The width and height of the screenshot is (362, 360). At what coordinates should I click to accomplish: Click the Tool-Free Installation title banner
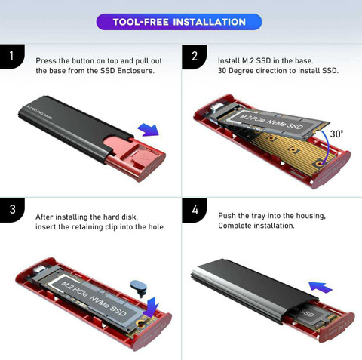click(179, 22)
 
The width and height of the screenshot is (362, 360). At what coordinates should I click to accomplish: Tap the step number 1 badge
click(11, 57)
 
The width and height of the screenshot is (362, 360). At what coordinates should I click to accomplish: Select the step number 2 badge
click(194, 57)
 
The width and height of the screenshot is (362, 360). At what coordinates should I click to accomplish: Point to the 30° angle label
click(336, 134)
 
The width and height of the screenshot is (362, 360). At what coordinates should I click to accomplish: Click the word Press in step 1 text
click(47, 59)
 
